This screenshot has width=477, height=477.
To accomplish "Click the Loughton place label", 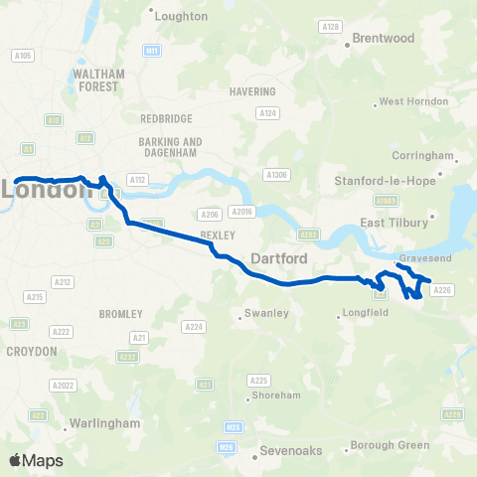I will [183, 16].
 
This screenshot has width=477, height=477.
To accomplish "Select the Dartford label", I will [277, 258].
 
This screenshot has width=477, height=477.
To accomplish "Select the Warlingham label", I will [103, 423].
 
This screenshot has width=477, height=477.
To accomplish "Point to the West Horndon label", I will [407, 101].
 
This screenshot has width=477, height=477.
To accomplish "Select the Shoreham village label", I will [276, 395].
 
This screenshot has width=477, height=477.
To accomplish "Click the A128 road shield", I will [332, 26].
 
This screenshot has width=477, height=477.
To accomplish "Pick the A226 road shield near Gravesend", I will [443, 290].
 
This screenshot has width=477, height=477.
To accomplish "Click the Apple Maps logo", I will [34, 460].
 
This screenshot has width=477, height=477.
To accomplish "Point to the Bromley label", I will [122, 313].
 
